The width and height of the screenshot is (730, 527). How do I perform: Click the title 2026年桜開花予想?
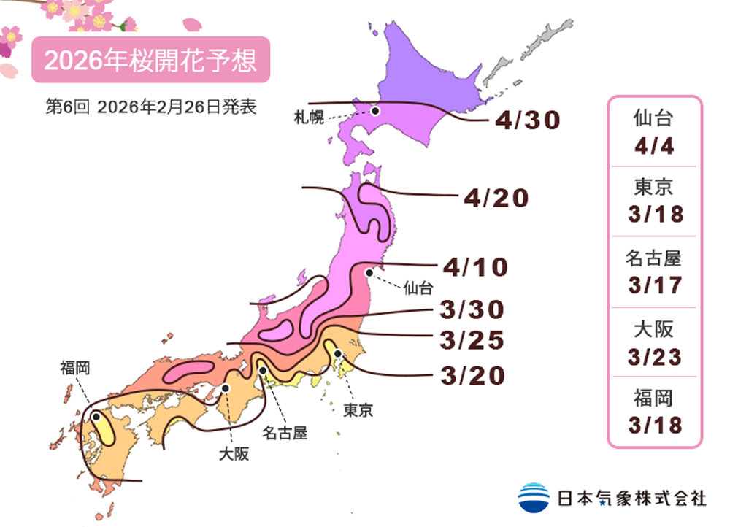(150, 61)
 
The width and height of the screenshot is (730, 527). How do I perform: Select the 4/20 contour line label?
(496, 197)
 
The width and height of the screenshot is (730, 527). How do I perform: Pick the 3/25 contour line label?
(473, 340)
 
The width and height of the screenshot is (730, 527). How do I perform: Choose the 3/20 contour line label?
(473, 375)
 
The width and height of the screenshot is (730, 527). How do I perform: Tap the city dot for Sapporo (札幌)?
(375, 111)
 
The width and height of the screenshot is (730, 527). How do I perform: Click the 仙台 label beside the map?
(418, 288)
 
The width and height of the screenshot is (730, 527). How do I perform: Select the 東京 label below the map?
(358, 411)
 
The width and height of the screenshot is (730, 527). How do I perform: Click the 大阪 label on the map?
(234, 454)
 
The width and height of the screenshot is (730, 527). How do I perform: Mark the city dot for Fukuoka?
(96, 417)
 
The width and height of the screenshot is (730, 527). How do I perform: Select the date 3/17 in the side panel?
(654, 285)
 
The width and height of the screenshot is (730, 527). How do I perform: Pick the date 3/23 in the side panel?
(654, 357)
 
